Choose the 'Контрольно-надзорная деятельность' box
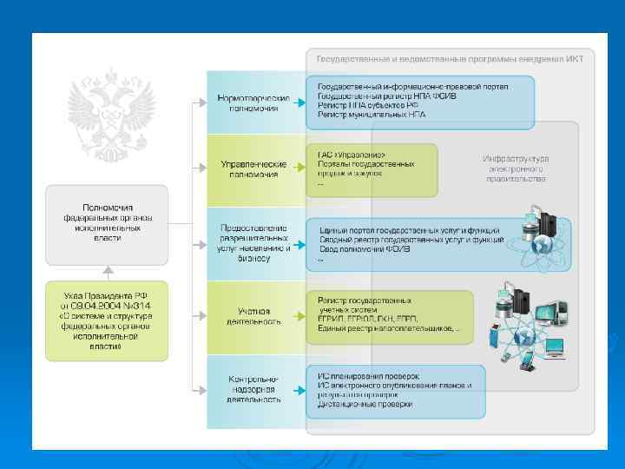pyautogui.click(x=253, y=390)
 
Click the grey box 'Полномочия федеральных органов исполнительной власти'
pyautogui.click(x=107, y=222)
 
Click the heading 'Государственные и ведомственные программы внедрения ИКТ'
pyautogui.click(x=449, y=59)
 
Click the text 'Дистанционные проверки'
pyautogui.click(x=365, y=404)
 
